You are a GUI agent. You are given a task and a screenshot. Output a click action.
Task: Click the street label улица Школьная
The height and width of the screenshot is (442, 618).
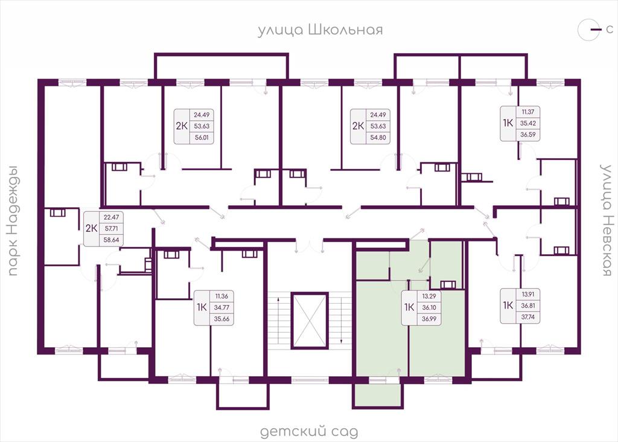click(x=320, y=30)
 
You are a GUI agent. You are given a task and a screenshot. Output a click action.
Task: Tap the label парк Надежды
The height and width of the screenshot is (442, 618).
click(x=14, y=220)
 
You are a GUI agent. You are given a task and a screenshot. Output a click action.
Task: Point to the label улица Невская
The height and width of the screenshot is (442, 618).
click(x=606, y=220)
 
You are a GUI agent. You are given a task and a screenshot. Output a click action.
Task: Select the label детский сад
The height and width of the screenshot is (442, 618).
click(x=310, y=432)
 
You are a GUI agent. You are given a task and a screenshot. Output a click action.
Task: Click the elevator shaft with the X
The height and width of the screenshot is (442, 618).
click(x=310, y=320)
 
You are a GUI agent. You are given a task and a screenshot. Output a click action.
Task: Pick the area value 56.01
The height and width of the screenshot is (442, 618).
click(x=202, y=138)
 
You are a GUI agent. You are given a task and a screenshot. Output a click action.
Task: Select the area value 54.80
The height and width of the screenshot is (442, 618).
click(x=378, y=138)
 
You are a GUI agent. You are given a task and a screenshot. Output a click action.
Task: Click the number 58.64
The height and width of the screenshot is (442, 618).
click(x=111, y=240)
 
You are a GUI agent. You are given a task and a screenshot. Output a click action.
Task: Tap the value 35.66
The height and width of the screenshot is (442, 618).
click(x=221, y=319)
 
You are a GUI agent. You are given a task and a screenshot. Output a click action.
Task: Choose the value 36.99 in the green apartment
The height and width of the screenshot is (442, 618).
click(x=429, y=319)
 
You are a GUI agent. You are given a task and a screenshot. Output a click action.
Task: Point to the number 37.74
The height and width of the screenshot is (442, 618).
click(x=527, y=316)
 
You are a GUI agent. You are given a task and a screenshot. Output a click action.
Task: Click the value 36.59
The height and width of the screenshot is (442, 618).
click(x=527, y=135)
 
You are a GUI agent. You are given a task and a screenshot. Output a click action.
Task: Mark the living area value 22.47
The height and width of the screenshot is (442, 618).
click(x=111, y=217)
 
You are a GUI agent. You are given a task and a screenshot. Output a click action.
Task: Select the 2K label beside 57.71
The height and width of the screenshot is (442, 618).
click(x=92, y=228)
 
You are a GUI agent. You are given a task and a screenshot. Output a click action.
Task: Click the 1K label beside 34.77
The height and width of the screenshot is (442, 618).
click(x=202, y=307)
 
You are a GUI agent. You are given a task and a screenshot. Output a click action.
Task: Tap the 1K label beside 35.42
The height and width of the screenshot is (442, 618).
click(x=508, y=123)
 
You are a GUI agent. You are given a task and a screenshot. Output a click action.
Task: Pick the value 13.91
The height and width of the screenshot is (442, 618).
click(x=527, y=293)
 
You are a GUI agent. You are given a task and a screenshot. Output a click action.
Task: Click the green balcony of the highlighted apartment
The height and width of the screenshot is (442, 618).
click(x=378, y=395)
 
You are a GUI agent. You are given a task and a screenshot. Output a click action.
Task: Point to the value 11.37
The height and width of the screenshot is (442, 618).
click(x=527, y=112)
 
